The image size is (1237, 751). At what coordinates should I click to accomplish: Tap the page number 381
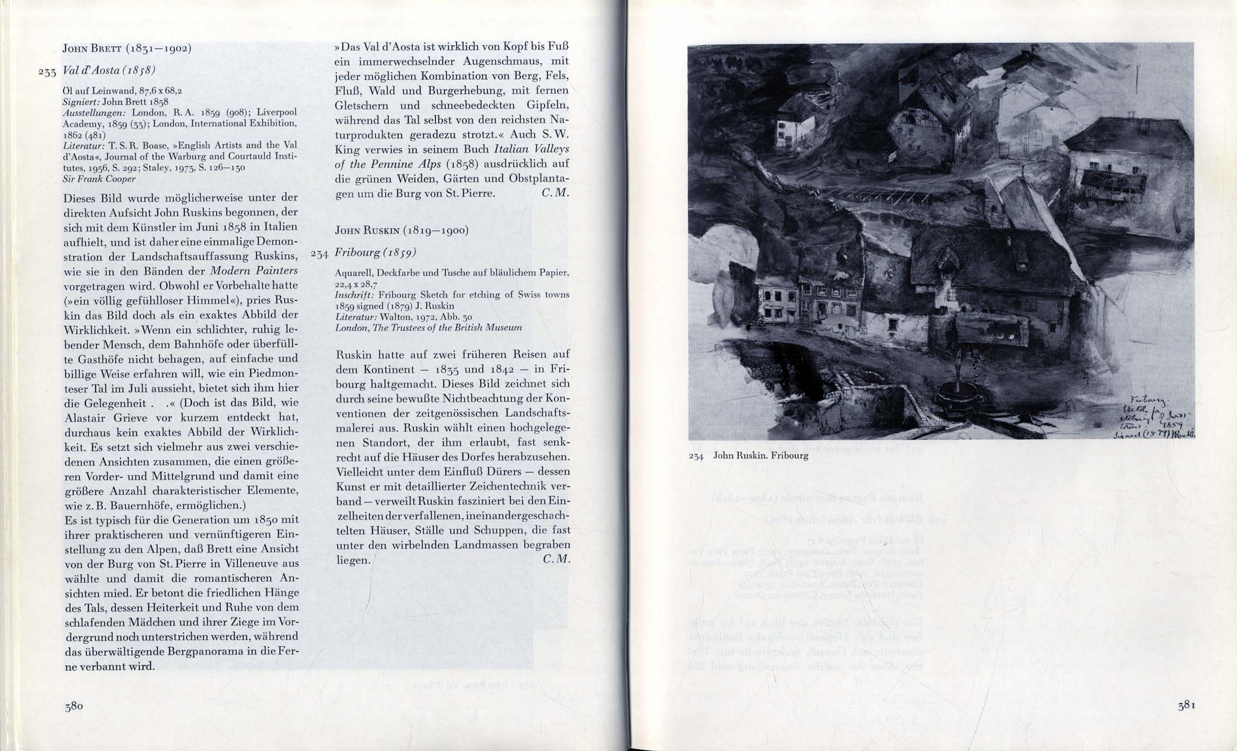point(1186,706)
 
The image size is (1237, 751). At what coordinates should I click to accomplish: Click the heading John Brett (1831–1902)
point(127,48)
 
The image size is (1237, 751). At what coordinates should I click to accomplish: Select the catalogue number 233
point(48,72)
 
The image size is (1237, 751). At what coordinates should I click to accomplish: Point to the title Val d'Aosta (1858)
point(109,70)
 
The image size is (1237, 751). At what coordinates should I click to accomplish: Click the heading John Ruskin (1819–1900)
point(401,231)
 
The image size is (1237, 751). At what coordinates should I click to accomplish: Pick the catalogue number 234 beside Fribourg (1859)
point(320,254)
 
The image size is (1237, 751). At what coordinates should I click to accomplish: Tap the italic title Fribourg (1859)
point(375,253)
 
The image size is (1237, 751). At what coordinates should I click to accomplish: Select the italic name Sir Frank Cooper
point(99,179)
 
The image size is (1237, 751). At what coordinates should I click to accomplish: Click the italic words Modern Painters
point(254,271)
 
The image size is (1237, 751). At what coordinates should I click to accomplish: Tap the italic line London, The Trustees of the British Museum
point(428,328)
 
